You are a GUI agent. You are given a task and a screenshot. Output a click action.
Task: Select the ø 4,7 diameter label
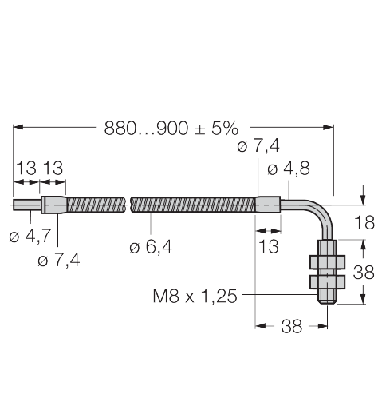pyautogui.click(x=31, y=237)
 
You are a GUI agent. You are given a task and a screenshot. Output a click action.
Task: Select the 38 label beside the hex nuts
pyautogui.click(x=364, y=272)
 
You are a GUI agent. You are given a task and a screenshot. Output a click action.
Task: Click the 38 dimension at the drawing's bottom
pyautogui.click(x=292, y=326)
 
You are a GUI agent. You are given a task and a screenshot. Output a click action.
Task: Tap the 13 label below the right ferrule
pyautogui.click(x=269, y=247)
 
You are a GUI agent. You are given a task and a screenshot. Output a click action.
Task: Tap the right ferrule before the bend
pyautogui.click(x=267, y=205)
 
